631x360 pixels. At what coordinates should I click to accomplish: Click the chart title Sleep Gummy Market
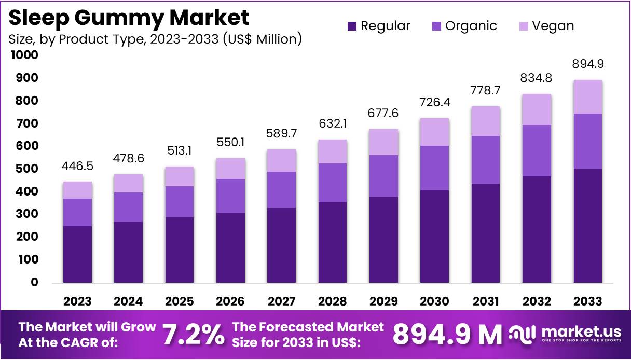(x=129, y=17)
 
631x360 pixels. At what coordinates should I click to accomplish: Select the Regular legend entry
(x=379, y=26)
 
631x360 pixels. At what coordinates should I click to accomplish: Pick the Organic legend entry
(x=464, y=26)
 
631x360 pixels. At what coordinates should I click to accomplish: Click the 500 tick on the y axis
(x=28, y=169)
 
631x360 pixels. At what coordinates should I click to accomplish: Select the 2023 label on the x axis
(x=77, y=301)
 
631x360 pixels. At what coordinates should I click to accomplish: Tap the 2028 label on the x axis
(x=333, y=301)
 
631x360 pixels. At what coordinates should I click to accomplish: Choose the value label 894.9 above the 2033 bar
(x=588, y=64)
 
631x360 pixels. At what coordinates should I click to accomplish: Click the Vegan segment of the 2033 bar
(x=588, y=97)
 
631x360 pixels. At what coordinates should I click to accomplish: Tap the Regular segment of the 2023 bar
(x=77, y=254)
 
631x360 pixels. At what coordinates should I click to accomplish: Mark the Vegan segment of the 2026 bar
(x=230, y=169)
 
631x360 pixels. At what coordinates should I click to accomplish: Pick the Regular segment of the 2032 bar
(x=537, y=229)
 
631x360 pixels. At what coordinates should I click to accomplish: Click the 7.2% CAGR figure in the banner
(x=194, y=335)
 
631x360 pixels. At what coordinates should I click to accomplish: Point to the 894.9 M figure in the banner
(x=447, y=335)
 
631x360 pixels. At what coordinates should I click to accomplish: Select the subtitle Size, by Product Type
(x=155, y=39)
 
